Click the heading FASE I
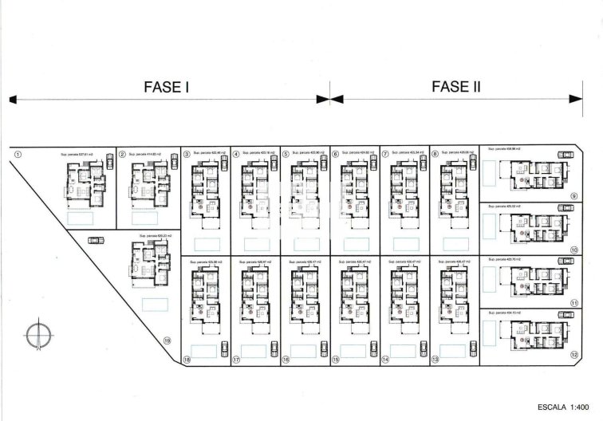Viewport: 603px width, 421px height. pyautogui.click(x=165, y=87)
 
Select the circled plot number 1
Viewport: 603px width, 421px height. pyautogui.click(x=19, y=155)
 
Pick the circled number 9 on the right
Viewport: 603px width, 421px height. pyautogui.click(x=573, y=195)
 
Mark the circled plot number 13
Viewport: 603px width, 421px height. pyautogui.click(x=435, y=360)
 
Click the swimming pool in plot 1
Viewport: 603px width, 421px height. pyautogui.click(x=81, y=217)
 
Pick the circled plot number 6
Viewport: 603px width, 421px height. pyautogui.click(x=336, y=155)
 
